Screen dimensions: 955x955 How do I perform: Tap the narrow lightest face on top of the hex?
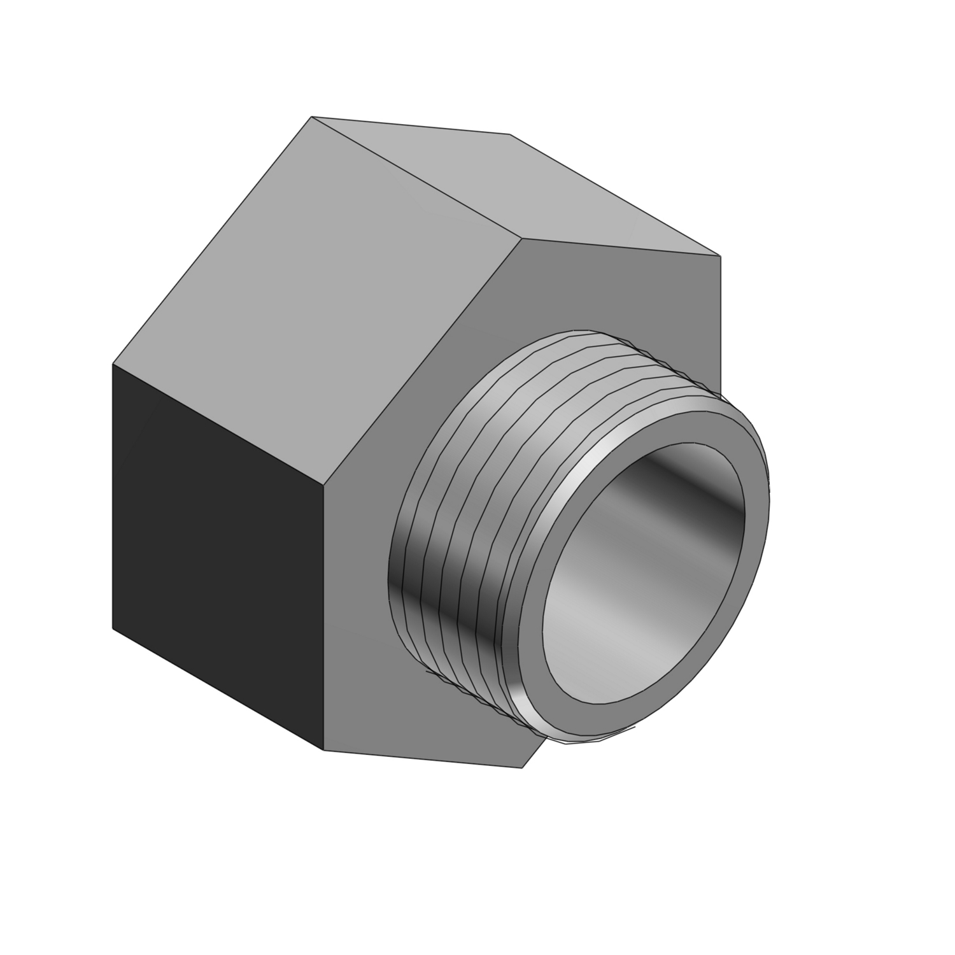pyautogui.click(x=522, y=185)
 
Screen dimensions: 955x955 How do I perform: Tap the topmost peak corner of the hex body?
pyautogui.click(x=311, y=117)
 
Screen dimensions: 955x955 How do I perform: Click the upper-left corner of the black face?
pyautogui.click(x=113, y=364)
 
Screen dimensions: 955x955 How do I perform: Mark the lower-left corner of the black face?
pyautogui.click(x=113, y=628)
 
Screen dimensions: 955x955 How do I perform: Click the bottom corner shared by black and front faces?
pyautogui.click(x=325, y=749)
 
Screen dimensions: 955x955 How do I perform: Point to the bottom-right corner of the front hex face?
pyautogui.click(x=522, y=768)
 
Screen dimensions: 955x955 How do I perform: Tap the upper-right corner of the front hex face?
pyautogui.click(x=720, y=256)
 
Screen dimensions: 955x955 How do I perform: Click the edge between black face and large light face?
pyautogui.click(x=220, y=423)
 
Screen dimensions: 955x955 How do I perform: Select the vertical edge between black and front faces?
pyautogui.click(x=325, y=618)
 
